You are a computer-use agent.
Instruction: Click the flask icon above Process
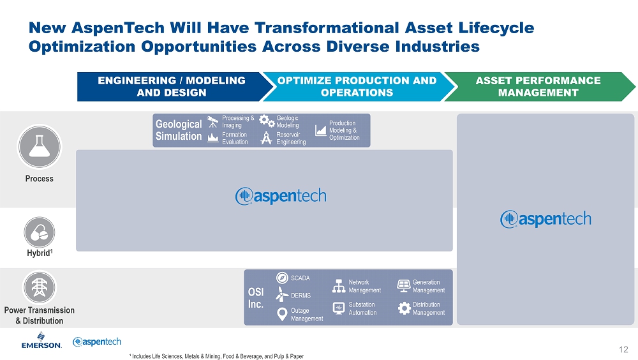[39, 147]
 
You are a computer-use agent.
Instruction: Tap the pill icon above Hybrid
[39, 232]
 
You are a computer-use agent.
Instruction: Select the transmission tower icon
[39, 287]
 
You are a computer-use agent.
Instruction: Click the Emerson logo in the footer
[41, 340]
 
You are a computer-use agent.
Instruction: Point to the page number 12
[623, 349]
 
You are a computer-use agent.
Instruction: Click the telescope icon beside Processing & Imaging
[213, 122]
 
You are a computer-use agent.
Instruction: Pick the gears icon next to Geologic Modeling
[267, 121]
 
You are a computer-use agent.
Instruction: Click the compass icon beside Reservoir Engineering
[266, 138]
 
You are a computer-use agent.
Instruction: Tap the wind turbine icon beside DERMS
[281, 294]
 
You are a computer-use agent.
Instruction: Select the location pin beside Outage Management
[282, 314]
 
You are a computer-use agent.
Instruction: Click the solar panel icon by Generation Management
[404, 286]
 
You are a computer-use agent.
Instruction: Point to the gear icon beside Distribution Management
[404, 308]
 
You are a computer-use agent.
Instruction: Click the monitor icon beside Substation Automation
[339, 308]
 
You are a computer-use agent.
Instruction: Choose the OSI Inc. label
[256, 297]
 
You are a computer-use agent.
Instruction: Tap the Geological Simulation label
[179, 130]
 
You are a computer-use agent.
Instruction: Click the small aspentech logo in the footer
[97, 341]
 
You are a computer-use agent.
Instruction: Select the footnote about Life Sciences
[216, 356]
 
